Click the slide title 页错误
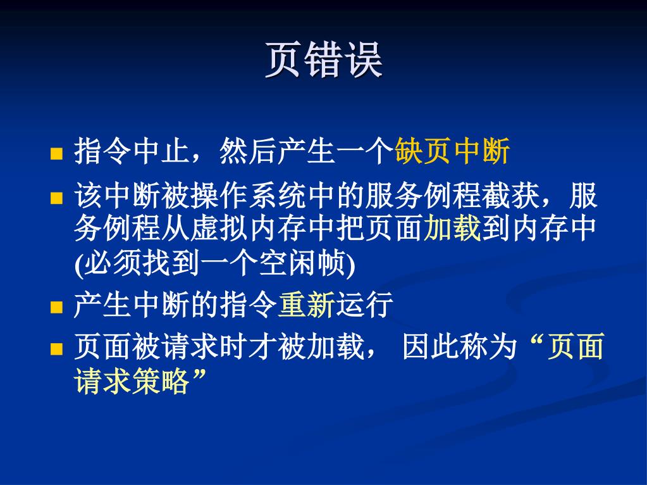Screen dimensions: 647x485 click(x=324, y=60)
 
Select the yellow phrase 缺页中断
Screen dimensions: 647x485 click(x=452, y=151)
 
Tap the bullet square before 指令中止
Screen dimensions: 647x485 click(x=56, y=153)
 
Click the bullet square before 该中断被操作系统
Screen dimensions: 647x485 click(x=56, y=198)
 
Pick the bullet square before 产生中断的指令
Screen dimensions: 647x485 click(x=56, y=307)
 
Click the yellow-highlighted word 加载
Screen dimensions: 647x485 click(x=452, y=228)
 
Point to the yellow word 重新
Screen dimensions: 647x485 click(x=307, y=305)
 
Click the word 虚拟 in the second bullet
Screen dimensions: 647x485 click(x=220, y=228)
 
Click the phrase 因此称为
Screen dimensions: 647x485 click(x=460, y=346)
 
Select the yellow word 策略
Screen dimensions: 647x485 click(x=161, y=381)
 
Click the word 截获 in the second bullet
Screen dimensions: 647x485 click(x=510, y=195)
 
